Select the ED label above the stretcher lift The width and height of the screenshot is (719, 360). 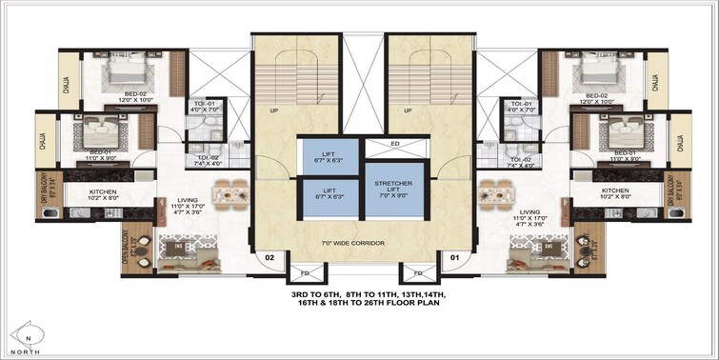point(395,146)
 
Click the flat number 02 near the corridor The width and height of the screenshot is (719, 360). point(269,256)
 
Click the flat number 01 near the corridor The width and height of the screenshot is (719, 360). point(454,256)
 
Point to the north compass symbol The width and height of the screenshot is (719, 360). point(30,337)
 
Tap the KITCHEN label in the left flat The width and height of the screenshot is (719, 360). point(103,190)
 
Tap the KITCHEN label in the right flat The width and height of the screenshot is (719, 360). point(615,190)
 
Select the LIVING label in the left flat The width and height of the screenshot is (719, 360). point(173,200)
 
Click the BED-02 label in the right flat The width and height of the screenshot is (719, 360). point(597,95)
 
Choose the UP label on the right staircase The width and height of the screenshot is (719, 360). point(409,110)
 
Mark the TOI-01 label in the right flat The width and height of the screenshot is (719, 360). point(521,103)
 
